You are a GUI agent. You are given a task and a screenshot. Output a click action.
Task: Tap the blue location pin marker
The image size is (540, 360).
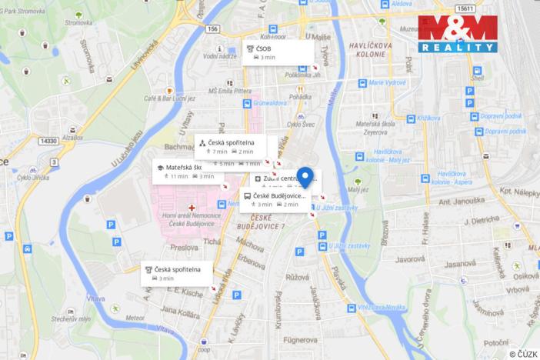305,177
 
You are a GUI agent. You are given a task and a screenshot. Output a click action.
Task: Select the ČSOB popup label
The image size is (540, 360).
278,52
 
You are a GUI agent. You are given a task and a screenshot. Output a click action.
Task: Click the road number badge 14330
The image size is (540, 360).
49,141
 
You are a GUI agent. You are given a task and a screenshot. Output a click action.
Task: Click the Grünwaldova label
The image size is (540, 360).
268,102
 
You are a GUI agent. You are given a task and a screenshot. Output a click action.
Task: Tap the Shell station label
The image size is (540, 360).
478,78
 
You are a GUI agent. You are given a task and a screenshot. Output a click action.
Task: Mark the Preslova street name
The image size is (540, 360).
185,248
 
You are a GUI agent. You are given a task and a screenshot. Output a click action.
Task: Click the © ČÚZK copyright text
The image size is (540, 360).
523,354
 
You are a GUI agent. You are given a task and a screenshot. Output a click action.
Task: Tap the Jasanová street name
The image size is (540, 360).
460,263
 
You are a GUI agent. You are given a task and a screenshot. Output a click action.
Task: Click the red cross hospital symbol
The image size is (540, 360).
181,208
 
